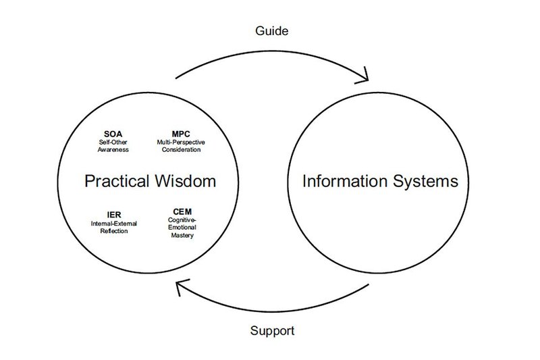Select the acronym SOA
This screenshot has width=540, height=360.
tap(112, 134)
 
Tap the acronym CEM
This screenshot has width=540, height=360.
tap(177, 213)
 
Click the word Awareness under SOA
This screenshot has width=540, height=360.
tap(112, 150)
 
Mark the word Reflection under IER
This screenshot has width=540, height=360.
tap(110, 231)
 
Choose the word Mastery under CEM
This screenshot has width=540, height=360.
tap(177, 236)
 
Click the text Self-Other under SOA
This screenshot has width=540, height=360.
tap(112, 143)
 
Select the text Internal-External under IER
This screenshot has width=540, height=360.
tap(110, 224)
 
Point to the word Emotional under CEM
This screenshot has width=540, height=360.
tap(177, 228)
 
